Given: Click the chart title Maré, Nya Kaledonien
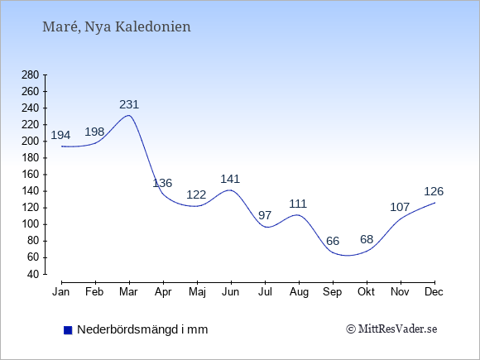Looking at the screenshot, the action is click(117, 27).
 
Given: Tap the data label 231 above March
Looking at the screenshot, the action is click(129, 105).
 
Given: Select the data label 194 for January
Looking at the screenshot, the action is click(60, 135).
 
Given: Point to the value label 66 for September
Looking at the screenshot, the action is click(333, 241).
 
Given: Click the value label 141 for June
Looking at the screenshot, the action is click(230, 179).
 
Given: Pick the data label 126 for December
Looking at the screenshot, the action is click(434, 192).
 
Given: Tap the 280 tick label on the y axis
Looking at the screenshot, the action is click(31, 74).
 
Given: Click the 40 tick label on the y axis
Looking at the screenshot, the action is click(33, 274).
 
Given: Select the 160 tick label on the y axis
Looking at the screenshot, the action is click(31, 175).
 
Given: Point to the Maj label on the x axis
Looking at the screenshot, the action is click(197, 292).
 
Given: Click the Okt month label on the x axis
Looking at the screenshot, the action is click(366, 292).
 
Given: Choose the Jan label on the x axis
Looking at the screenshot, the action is click(61, 292).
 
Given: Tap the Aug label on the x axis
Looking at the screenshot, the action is click(299, 292).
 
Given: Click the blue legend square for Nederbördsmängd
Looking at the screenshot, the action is click(68, 330).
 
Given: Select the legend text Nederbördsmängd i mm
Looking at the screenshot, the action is click(142, 329).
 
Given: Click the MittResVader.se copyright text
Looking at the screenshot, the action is click(391, 329).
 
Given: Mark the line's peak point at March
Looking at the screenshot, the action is click(129, 115).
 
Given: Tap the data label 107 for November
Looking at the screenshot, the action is click(400, 208).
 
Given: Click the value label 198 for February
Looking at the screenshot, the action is click(94, 132).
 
